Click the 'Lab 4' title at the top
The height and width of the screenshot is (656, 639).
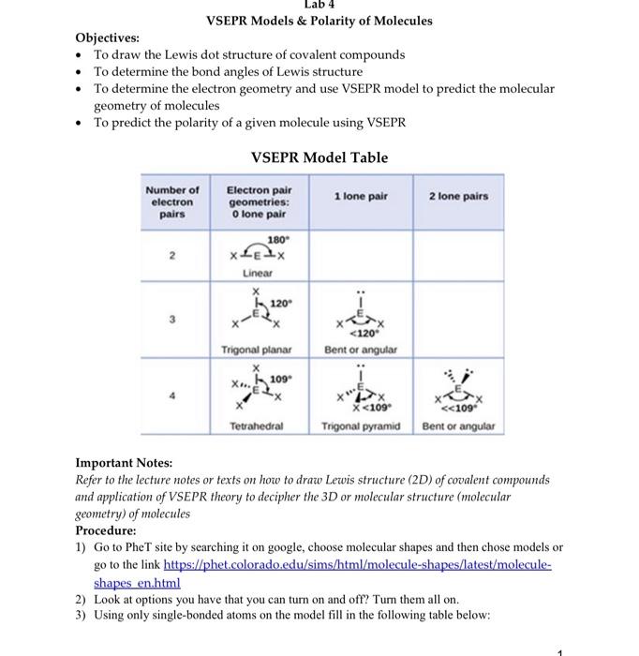tap(319, 5)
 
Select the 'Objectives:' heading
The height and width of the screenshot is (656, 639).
tap(107, 37)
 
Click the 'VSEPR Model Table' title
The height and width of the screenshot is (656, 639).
tap(319, 157)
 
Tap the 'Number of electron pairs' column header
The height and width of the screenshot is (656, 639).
tap(173, 201)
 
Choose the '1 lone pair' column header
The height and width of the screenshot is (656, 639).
tap(361, 196)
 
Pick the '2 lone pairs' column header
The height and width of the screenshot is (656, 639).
tap(458, 196)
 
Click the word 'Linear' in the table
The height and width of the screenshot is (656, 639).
tap(258, 273)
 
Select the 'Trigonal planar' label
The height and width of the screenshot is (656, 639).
tap(258, 349)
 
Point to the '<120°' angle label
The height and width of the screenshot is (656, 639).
tap(362, 332)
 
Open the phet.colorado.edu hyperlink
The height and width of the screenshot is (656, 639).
tap(357, 565)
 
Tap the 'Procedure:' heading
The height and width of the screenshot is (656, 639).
tap(105, 529)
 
